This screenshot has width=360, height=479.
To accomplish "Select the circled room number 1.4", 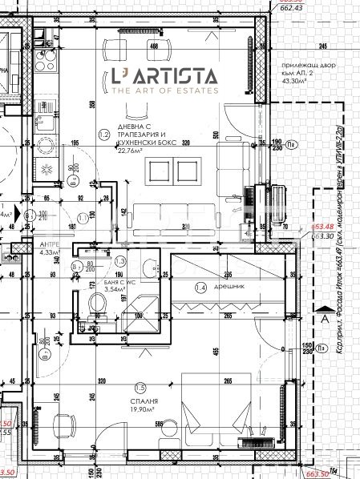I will click(x=200, y=286).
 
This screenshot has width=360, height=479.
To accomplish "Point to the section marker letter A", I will click(x=323, y=318).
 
